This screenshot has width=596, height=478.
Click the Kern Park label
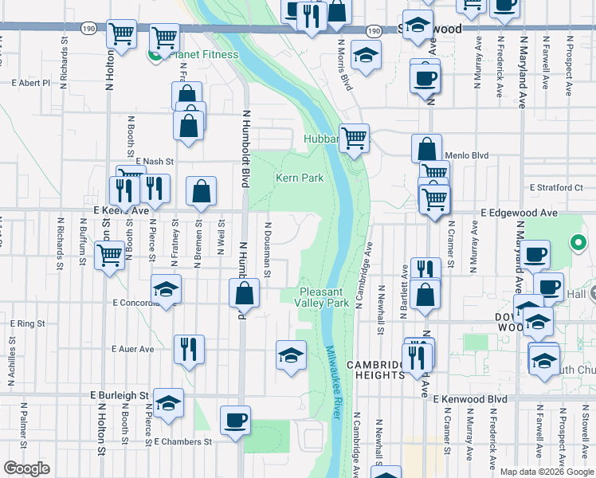tap(300, 178)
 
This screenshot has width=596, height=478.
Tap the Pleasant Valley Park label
tap(322, 298)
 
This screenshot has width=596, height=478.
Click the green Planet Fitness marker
tap(154, 54)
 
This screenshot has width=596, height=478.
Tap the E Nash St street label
tap(155, 160)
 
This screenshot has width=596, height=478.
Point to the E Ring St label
tap(27, 324)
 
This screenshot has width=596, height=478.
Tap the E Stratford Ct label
tap(557, 188)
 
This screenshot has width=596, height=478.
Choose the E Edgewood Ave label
tap(519, 214)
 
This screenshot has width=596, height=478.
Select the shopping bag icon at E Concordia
tap(244, 292)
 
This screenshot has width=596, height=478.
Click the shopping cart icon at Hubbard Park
tap(354, 137)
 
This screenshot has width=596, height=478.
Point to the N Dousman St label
tap(269, 251)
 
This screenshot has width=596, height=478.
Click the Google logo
tap(26, 468)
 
